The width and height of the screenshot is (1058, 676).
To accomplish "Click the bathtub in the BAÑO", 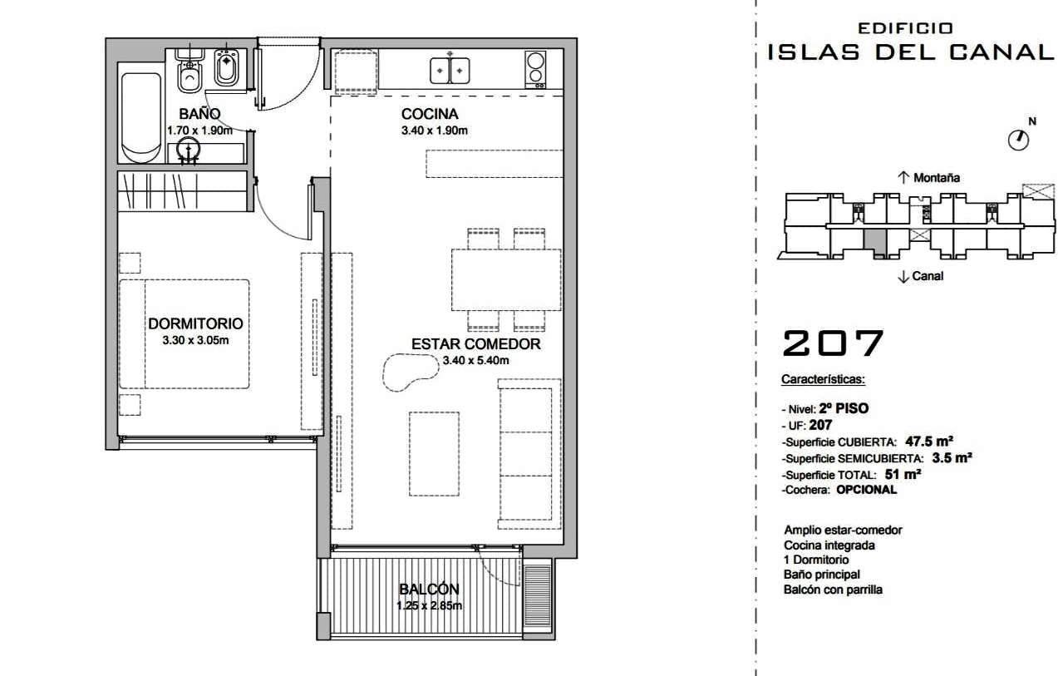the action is coord(141,117).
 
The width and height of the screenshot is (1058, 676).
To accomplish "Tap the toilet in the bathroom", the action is coord(189,71).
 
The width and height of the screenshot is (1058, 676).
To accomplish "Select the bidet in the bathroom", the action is coord(227,67).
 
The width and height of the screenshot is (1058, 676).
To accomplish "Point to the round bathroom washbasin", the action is coord(188,150).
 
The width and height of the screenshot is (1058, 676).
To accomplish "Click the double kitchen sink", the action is coord(450,71).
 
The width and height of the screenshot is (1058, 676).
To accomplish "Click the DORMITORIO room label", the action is coord(195,323).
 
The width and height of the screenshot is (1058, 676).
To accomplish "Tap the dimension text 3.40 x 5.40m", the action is coord(475,360).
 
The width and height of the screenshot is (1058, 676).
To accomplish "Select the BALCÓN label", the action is coord(429,589).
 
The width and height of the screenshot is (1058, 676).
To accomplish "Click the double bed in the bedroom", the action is coord(185,334).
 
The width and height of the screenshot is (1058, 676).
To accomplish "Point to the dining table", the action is coord(506,279).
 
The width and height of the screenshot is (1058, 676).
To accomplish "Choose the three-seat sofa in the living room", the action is coord(529,454).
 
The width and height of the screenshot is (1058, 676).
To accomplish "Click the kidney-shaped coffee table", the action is coord(410,372).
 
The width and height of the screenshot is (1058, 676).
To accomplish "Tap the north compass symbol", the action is coord(1018,140).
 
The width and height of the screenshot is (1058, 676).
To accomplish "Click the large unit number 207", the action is coord(833,343).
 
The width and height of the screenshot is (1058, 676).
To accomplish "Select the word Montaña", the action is coord(937,178).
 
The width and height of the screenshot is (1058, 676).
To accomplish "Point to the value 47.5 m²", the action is coord(928,442).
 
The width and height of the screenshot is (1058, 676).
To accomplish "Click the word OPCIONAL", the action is coord(866,490).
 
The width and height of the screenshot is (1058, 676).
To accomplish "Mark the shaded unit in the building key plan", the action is coord(874,244).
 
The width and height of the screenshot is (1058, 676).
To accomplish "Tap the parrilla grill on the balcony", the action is coord(538,595).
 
